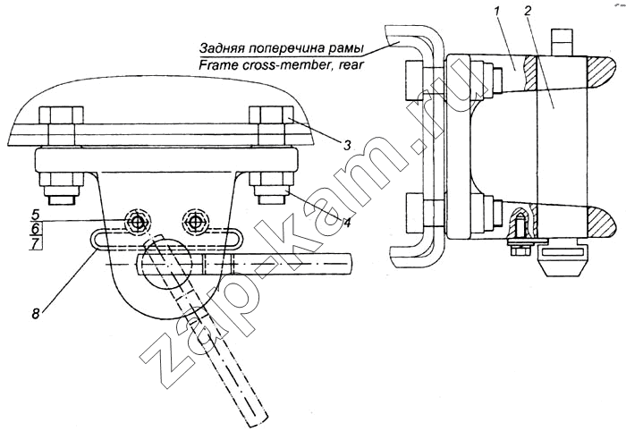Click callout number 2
528,12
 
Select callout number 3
347,146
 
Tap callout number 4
347,222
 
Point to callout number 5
35,215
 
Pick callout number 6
35,229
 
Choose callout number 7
35,243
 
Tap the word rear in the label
353,64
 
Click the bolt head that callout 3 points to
271,115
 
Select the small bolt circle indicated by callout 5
138,223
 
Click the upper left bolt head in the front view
62,115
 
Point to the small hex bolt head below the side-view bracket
518,251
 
